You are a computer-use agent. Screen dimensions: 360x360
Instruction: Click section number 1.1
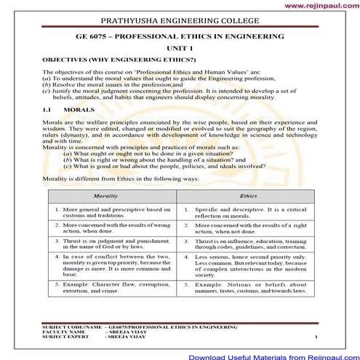point(48,129)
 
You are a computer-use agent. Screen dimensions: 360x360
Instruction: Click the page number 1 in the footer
point(316,338)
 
